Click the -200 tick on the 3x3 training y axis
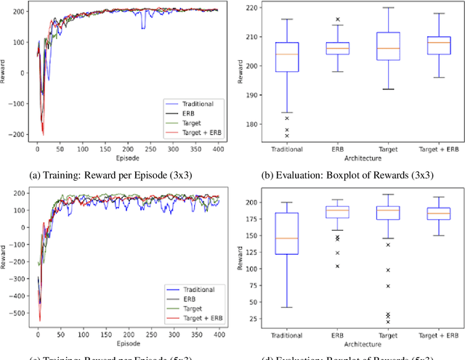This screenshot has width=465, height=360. pyautogui.click(x=18, y=135)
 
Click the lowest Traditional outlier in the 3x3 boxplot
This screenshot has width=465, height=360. pyautogui.click(x=287, y=136)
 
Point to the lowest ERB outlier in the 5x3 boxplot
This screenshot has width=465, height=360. pyautogui.click(x=336, y=266)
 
